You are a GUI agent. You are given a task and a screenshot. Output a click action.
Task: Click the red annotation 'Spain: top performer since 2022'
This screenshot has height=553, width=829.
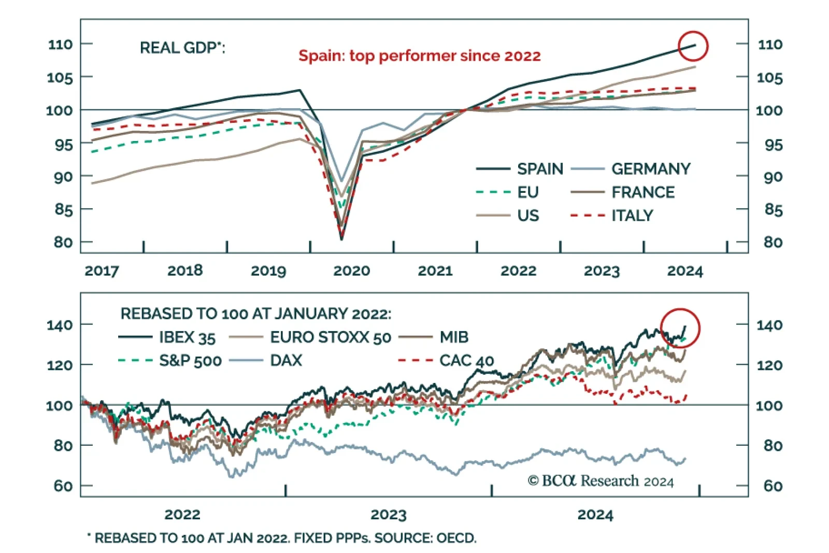click(419, 55)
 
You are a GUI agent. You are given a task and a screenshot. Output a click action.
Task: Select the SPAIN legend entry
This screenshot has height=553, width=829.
click(539, 168)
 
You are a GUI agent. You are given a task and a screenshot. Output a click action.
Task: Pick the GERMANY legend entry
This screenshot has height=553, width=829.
click(651, 168)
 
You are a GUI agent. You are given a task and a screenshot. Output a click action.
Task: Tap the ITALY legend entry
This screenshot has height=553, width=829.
click(632, 215)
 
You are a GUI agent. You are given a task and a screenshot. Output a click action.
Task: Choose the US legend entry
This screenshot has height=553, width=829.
click(528, 215)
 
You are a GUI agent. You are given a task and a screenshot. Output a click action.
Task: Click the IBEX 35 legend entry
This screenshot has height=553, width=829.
click(187, 337)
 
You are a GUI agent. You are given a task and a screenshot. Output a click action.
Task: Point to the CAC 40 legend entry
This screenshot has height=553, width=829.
click(466, 360)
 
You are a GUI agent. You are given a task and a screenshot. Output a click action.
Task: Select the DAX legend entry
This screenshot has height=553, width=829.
click(286, 360)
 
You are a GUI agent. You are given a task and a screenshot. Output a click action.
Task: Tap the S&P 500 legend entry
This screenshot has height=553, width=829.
click(190, 360)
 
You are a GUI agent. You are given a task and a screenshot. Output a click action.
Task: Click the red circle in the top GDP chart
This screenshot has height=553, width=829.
click(693, 46)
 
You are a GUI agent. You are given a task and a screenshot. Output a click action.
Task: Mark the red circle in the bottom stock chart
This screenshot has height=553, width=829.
click(680, 329)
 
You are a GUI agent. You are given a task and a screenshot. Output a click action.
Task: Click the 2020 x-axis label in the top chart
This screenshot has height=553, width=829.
click(351, 271)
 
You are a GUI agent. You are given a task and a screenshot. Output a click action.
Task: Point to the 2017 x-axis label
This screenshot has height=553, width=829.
click(102, 271)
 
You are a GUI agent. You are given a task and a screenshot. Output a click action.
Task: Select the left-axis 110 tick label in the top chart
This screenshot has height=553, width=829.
click(60, 44)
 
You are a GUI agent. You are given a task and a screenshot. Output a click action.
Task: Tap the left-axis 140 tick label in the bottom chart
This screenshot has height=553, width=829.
click(60, 325)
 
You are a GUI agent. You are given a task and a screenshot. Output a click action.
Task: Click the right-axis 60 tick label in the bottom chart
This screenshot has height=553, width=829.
click(773, 486)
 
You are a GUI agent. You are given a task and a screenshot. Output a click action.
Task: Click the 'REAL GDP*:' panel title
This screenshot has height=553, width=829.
click(182, 48)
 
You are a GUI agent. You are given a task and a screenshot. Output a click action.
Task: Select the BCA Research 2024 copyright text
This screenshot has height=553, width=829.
click(601, 481)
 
